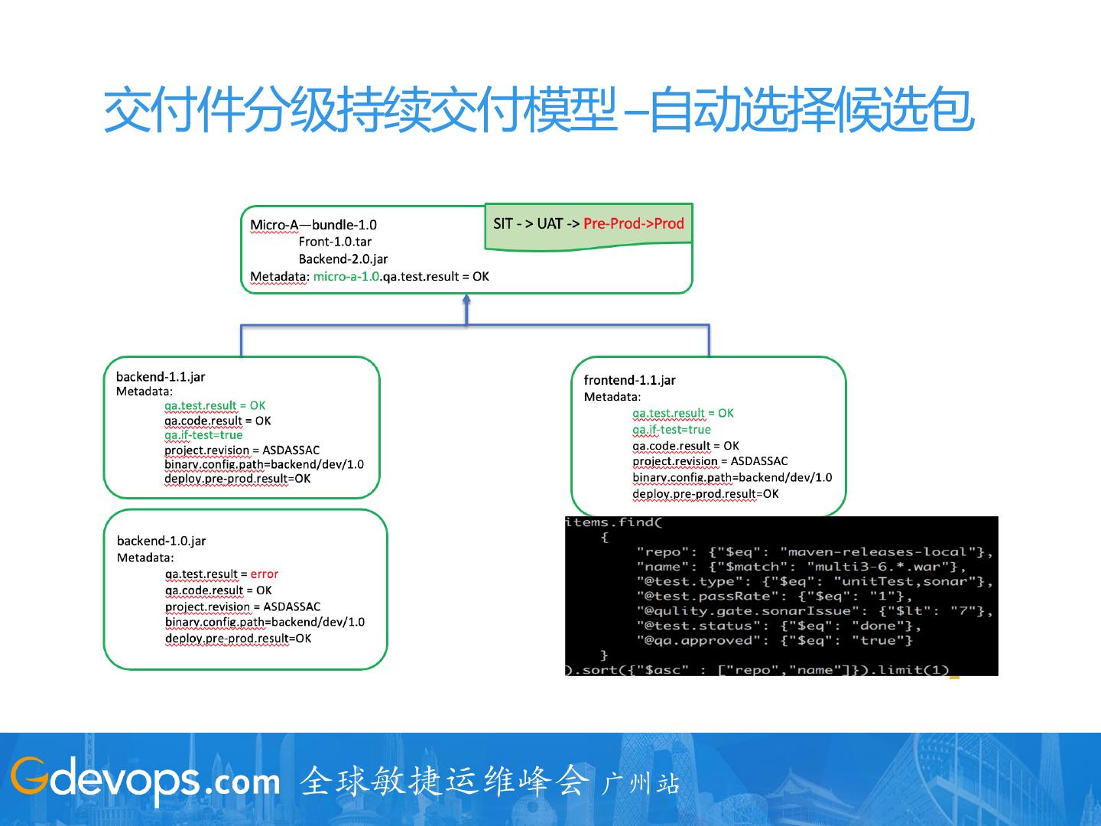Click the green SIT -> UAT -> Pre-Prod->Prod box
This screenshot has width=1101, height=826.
(588, 225)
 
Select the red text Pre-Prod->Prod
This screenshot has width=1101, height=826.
(633, 223)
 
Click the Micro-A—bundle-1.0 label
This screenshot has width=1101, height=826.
(313, 225)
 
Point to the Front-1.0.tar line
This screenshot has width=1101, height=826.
(335, 242)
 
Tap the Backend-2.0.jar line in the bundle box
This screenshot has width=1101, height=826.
(343, 259)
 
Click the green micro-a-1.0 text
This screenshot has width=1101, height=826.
(346, 276)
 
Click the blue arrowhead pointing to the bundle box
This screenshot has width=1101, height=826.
(466, 301)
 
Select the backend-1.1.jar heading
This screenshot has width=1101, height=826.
(161, 376)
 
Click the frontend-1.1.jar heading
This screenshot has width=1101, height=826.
(629, 380)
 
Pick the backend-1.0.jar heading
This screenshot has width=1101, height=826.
(161, 541)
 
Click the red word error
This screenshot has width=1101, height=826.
(265, 574)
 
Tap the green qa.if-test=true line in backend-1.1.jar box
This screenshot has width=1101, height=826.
(203, 435)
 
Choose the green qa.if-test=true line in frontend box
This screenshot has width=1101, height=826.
(671, 429)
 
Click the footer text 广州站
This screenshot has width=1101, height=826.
(641, 783)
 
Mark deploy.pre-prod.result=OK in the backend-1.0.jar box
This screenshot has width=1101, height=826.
(238, 638)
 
